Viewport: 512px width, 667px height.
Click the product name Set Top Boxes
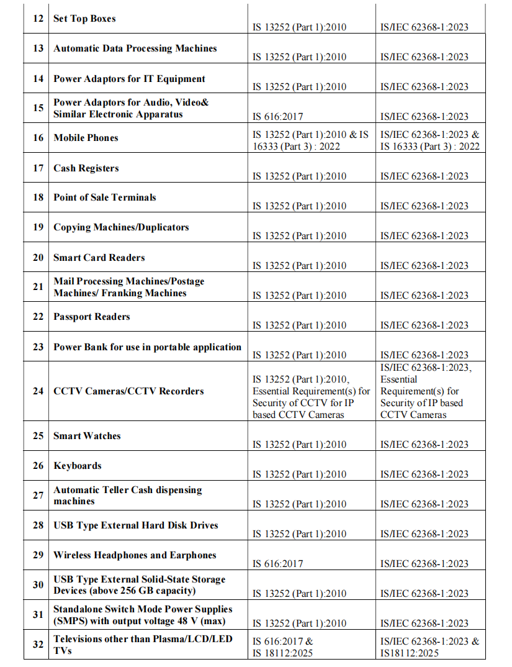coord(84,19)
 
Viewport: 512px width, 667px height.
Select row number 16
coord(38,138)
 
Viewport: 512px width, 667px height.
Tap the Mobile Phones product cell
coord(86,138)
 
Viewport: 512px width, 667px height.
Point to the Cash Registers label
coord(86,168)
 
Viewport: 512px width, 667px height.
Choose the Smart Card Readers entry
coord(99,258)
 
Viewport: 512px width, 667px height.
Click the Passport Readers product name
coord(91,317)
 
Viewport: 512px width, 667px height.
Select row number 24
coord(38,391)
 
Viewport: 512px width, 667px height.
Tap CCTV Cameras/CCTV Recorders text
coord(128,391)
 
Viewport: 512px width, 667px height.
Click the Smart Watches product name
coord(87,436)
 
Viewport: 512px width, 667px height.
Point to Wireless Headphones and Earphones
coord(135,555)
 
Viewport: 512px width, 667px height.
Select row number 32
coord(38,644)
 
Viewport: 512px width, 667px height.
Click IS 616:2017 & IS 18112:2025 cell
coord(283,647)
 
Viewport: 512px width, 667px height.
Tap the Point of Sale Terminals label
coord(104,197)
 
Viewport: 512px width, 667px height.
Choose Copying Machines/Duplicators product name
coord(121,227)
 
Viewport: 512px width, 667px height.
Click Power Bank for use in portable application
coord(147,347)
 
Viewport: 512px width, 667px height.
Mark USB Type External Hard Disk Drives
coord(135,525)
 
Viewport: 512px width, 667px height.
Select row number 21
coord(38,287)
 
